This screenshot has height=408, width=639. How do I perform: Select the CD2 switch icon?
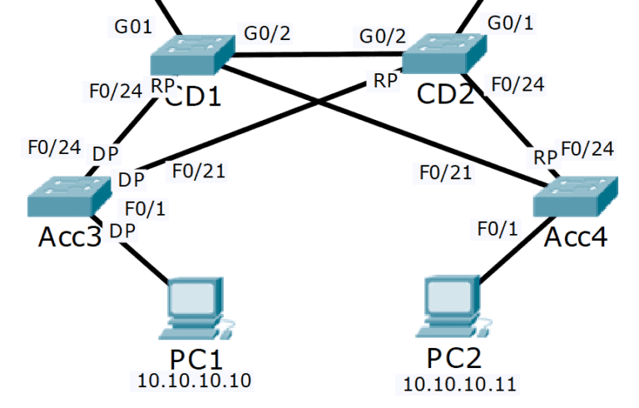443,55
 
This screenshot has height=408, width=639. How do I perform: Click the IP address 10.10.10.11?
459,384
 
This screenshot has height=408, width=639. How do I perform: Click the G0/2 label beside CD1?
266,34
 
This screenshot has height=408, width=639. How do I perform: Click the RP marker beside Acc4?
545,157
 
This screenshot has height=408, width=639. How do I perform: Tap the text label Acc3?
70,237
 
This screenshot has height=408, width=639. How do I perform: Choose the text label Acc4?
576,237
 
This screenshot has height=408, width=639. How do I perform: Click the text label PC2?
454,358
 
